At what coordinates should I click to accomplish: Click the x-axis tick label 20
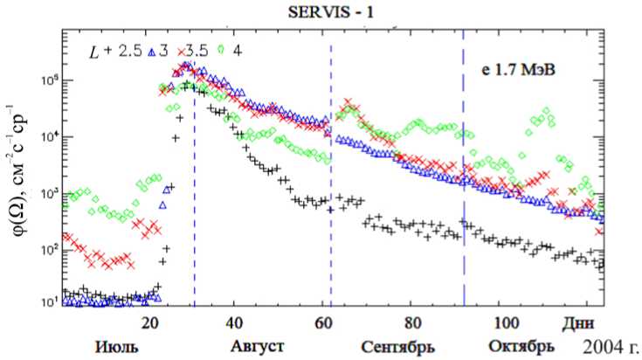coord(149,322)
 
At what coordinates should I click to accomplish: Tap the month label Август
coord(257,345)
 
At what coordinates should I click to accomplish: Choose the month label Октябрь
coord(522,345)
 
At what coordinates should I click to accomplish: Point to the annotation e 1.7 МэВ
coord(524,66)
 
